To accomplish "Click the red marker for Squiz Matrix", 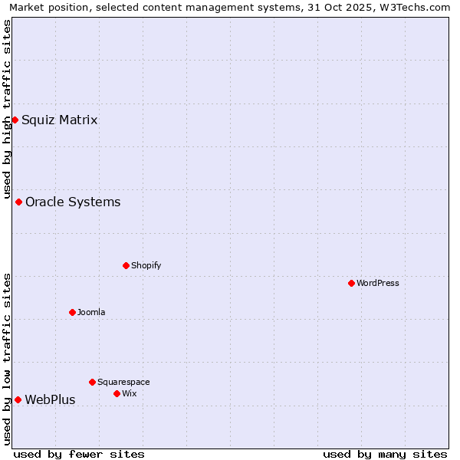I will [15, 120].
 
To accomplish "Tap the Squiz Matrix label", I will [59, 120].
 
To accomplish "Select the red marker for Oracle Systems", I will [18, 202].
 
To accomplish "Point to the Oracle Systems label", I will [73, 202].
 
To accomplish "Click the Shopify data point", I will [126, 265].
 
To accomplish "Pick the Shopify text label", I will [146, 265].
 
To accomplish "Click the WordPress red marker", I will [351, 283].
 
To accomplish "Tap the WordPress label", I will [377, 283].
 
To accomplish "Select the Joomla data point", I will [72, 312].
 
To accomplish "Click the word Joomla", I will [91, 312].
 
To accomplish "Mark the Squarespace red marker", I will [92, 382].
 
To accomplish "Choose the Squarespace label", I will [123, 382].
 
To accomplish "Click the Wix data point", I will [117, 393].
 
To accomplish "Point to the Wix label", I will [130, 393].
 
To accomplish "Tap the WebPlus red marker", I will [18, 399].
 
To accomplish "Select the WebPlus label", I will [50, 399].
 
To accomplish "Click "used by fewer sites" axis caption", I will [79, 454].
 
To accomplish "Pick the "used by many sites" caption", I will [385, 454].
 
